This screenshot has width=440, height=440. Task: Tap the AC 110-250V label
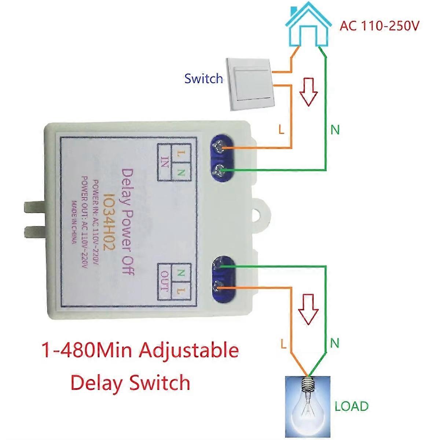tap(379, 26)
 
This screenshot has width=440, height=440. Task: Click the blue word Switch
tap(203, 78)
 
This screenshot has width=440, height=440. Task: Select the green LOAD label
tap(351, 406)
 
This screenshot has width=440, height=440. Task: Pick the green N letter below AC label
tap(335, 129)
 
